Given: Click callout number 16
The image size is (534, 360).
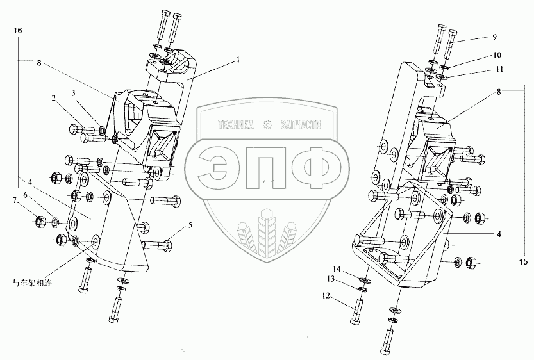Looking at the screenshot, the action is pyautogui.click(x=18, y=31).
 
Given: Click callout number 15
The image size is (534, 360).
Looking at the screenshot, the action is pyautogui.click(x=524, y=261).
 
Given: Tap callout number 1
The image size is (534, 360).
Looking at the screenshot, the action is pyautogui.click(x=238, y=60).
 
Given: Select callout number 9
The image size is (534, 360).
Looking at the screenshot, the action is pyautogui.click(x=494, y=37).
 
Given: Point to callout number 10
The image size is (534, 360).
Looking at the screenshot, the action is pyautogui.click(x=497, y=55).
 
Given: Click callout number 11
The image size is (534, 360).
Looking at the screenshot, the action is pyautogui.click(x=499, y=69).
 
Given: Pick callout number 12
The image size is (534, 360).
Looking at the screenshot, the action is pyautogui.click(x=326, y=296).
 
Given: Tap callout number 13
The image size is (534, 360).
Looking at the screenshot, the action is pyautogui.click(x=331, y=279).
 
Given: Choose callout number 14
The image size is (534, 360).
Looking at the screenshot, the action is pyautogui.click(x=337, y=269).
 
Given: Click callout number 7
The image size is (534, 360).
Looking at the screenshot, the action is pyautogui.click(x=14, y=200).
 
